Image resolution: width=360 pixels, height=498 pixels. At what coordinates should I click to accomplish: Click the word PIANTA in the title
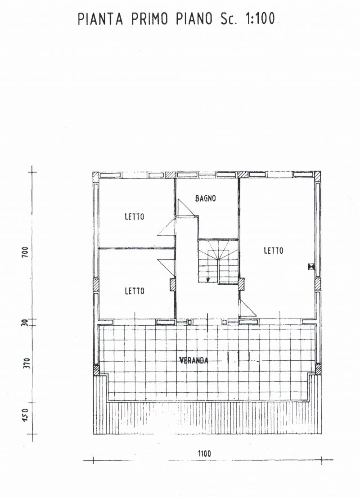tap(100, 19)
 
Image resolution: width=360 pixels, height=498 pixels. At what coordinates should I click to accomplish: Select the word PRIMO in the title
tap(149, 19)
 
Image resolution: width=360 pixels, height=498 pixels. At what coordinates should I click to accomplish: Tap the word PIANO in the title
tap(194, 19)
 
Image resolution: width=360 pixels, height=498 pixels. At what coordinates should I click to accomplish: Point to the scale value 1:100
tap(260, 19)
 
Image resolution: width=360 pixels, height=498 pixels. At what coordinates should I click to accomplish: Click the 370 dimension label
tap(27, 363)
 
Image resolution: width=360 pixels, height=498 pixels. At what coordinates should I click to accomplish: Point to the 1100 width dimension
tap(204, 453)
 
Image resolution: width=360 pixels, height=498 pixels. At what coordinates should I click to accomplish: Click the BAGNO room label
tap(206, 198)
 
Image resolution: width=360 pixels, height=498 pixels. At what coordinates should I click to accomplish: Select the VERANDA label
tap(194, 360)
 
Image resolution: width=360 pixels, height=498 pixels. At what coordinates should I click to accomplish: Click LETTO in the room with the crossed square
tap(274, 251)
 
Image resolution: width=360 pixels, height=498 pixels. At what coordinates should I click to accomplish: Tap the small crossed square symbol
tap(311, 267)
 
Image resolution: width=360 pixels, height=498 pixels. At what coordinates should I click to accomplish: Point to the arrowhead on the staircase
tap(208, 280)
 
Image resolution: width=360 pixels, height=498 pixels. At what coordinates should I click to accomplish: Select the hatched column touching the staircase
tap(242, 284)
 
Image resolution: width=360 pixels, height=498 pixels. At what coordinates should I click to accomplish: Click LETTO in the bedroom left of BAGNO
tap(135, 217)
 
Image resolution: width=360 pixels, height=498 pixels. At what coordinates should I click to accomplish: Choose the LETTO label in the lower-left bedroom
tap(135, 291)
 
